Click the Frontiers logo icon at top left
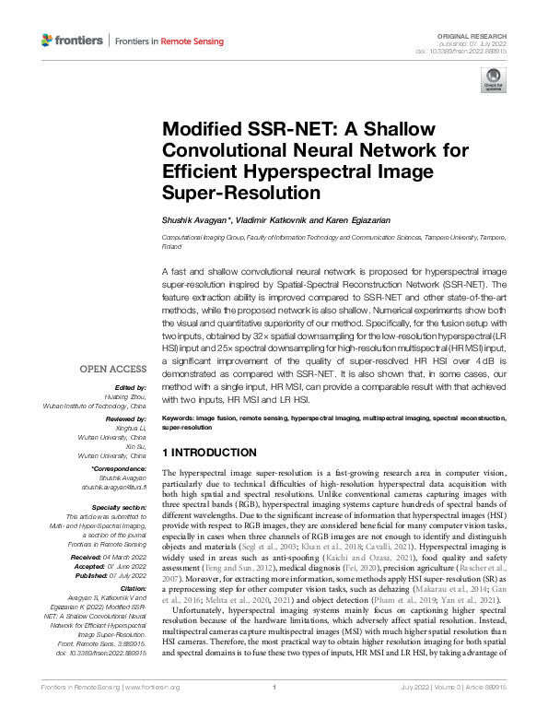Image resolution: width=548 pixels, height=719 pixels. point(48,41)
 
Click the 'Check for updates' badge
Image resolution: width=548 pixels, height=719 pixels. point(493,85)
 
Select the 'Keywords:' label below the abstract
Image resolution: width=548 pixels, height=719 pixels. point(177,418)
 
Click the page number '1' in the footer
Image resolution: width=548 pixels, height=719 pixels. point(274,713)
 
